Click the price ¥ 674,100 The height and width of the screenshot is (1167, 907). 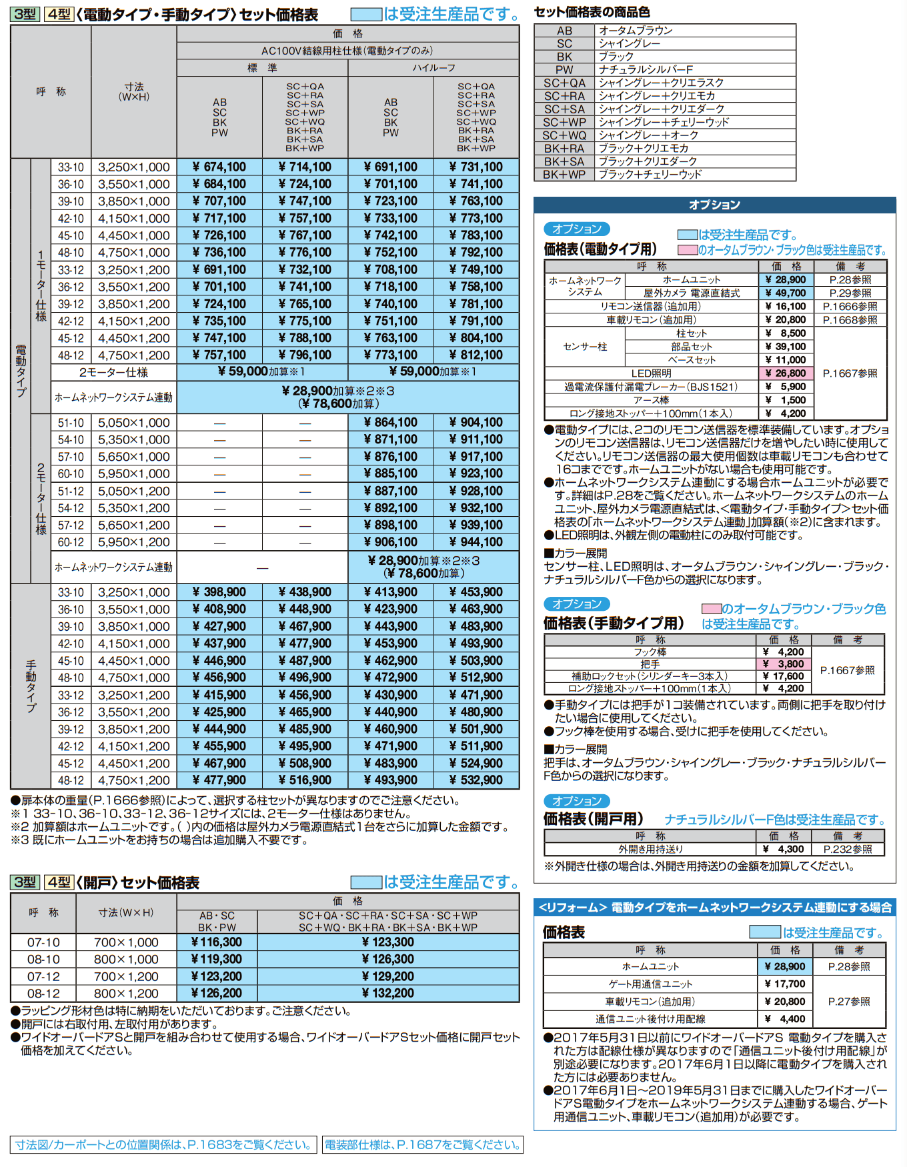click(x=219, y=167)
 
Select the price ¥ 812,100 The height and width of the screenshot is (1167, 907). click(x=476, y=355)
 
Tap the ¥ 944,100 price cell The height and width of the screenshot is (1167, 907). click(x=476, y=542)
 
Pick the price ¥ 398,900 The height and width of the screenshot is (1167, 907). click(x=219, y=592)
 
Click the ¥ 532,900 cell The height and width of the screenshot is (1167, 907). click(x=476, y=780)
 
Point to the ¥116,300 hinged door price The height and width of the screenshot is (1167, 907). click(x=217, y=942)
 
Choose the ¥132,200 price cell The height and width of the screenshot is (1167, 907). click(x=388, y=993)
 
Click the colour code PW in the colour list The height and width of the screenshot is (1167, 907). click(x=564, y=69)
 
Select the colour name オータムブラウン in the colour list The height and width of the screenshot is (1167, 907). click(x=636, y=31)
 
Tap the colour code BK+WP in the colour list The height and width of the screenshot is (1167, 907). click(x=564, y=175)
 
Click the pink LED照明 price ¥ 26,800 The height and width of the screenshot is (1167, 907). click(x=786, y=373)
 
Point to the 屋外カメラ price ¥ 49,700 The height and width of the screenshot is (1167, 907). click(x=786, y=293)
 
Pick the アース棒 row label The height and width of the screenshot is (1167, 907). click(x=652, y=400)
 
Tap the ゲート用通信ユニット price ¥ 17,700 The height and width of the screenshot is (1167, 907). click(x=786, y=984)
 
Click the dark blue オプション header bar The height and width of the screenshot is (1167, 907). click(x=714, y=205)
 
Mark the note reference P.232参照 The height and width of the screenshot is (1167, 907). click(x=848, y=850)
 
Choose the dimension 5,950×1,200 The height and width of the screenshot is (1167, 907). click(x=134, y=542)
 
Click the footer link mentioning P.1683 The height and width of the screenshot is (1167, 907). click(x=163, y=1144)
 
